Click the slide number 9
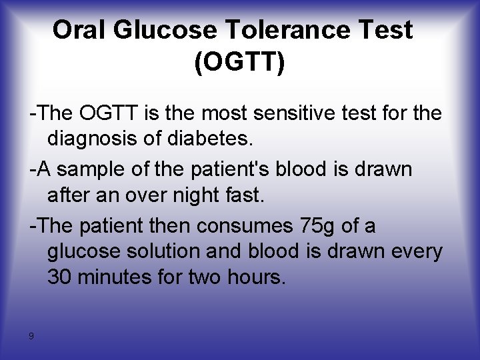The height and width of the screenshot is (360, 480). pyautogui.click(x=31, y=336)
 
